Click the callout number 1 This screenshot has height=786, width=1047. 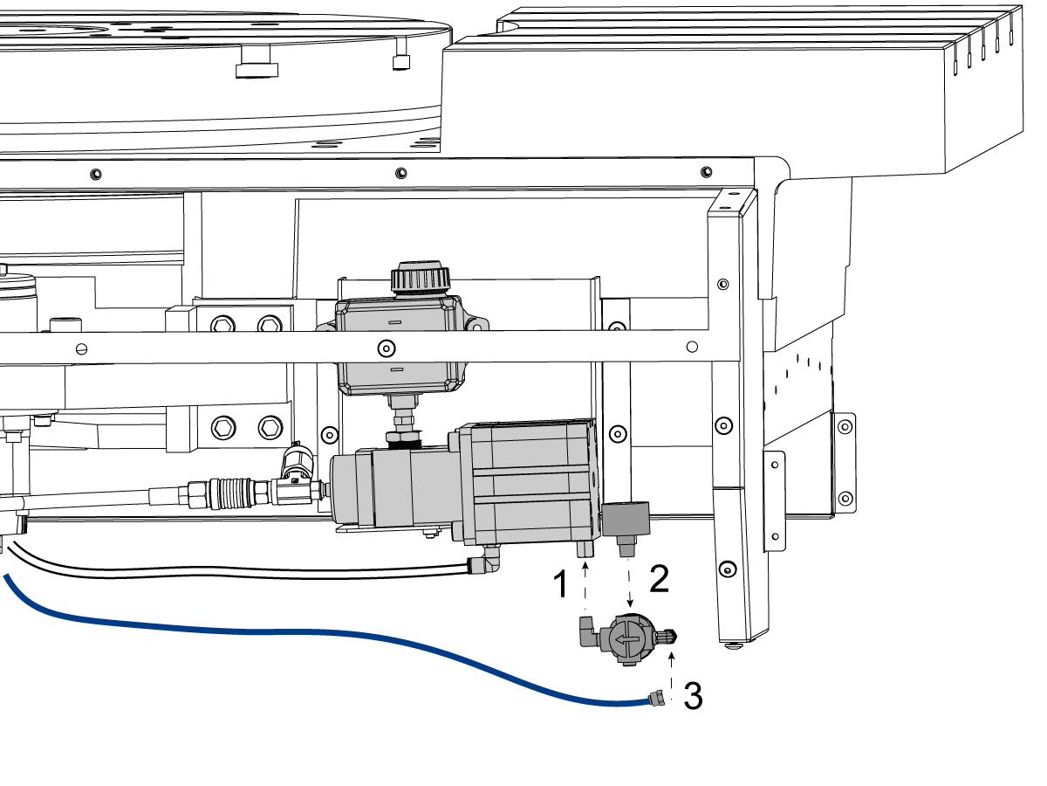coord(560,583)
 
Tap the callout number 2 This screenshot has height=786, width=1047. coord(660,579)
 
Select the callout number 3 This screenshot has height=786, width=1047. coord(693,695)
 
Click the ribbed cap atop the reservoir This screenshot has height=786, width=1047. coord(421,276)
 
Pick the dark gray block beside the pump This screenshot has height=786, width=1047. coord(626,519)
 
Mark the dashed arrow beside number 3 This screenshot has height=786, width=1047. coord(672,676)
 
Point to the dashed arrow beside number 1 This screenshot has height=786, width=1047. coord(585,586)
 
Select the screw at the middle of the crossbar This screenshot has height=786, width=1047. coord(387,348)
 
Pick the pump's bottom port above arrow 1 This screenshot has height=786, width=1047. coord(585,548)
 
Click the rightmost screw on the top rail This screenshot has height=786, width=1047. coord(707,172)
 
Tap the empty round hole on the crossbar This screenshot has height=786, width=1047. coord(692,347)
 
